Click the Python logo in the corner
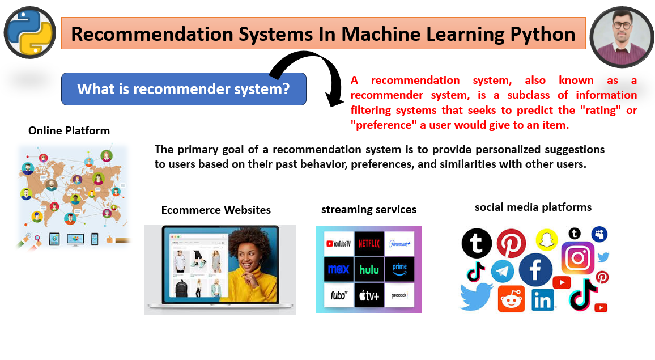(29, 33)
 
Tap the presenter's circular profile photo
(622, 37)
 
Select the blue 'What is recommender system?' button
(184, 88)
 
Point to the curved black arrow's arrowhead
(335, 100)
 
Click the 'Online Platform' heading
(69, 130)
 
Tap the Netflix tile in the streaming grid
(369, 243)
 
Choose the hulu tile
(369, 270)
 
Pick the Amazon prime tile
(399, 270)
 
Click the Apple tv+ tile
(369, 295)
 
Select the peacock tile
(399, 295)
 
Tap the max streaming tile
(339, 270)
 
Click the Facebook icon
(535, 270)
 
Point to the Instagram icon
(578, 258)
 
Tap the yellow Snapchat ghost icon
(547, 240)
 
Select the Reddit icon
(511, 299)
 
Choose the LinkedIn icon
(543, 300)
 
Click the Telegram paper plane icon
(503, 272)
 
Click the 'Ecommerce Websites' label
(216, 210)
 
